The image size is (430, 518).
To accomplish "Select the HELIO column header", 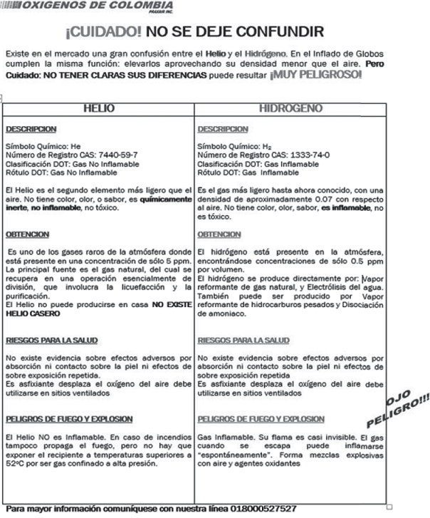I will (x=99, y=109).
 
